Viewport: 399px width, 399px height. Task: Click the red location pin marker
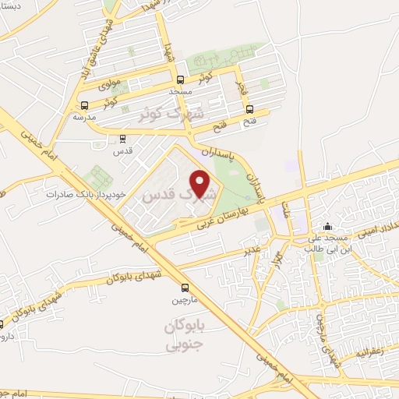(x=201, y=183)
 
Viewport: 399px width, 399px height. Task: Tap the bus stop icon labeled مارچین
(x=185, y=287)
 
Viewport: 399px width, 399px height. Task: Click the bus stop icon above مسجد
(x=181, y=80)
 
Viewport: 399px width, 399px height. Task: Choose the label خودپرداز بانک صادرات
(x=80, y=195)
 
